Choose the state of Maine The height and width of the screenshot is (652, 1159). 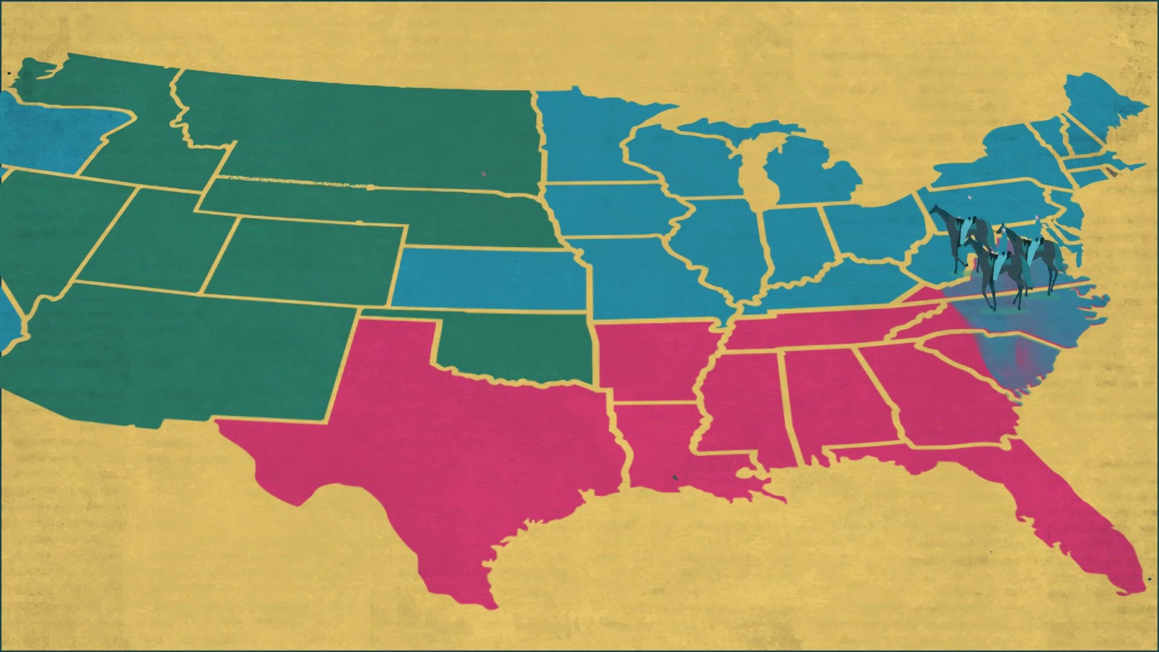(x=1099, y=103)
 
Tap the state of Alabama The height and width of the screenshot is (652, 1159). (x=827, y=398)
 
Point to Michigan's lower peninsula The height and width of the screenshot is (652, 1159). (x=815, y=175)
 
